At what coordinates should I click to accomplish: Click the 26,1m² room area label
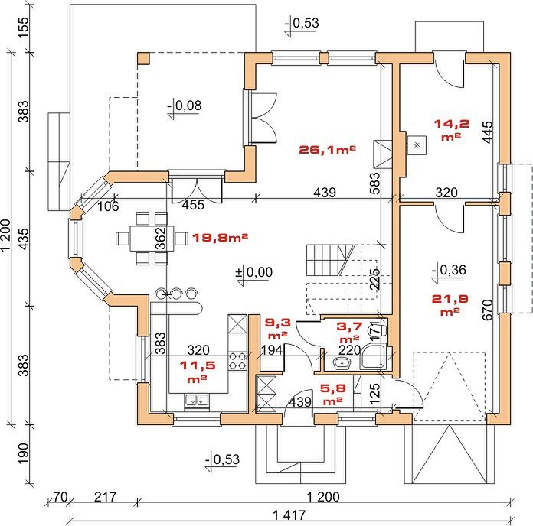(327, 150)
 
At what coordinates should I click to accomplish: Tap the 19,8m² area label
(220, 237)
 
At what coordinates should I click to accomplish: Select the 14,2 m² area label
(451, 129)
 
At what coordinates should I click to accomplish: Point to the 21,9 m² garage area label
(450, 304)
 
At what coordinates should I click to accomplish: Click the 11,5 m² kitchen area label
(198, 372)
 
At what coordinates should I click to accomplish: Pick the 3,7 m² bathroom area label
(349, 333)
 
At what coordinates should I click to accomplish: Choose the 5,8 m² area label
(333, 394)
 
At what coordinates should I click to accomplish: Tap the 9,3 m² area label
(278, 329)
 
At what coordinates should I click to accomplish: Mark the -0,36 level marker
(449, 271)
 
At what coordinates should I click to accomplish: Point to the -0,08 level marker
(185, 107)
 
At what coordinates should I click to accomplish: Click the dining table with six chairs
(152, 239)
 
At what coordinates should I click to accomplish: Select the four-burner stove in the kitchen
(237, 360)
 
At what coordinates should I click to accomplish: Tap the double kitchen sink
(197, 401)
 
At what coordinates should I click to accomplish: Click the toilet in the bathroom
(382, 330)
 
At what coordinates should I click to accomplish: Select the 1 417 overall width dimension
(289, 515)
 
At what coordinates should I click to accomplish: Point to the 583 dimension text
(375, 183)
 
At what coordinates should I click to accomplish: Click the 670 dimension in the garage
(487, 310)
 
